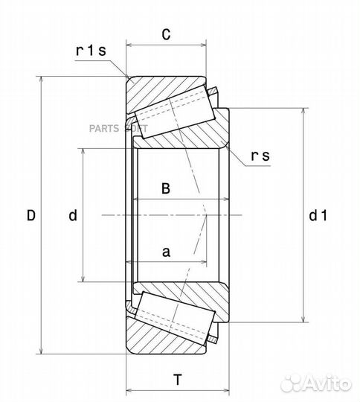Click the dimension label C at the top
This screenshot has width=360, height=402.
[x=166, y=34]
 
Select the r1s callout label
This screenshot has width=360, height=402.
[x=91, y=51]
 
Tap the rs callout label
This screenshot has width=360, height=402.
[x=260, y=156]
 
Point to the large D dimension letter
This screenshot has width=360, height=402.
[x=31, y=215]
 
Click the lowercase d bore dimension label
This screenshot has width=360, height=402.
[x=73, y=215]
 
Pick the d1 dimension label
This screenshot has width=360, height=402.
[x=318, y=215]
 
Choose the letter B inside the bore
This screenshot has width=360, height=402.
[x=166, y=188]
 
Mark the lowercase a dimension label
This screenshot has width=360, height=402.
[x=166, y=252]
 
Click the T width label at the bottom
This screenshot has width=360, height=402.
[x=178, y=380]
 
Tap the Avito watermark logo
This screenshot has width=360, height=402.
[x=315, y=384]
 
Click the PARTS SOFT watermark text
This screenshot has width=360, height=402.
[x=118, y=128]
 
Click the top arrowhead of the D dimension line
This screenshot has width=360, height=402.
[x=41, y=79]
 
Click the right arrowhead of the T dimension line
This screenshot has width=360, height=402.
[x=226, y=391]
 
